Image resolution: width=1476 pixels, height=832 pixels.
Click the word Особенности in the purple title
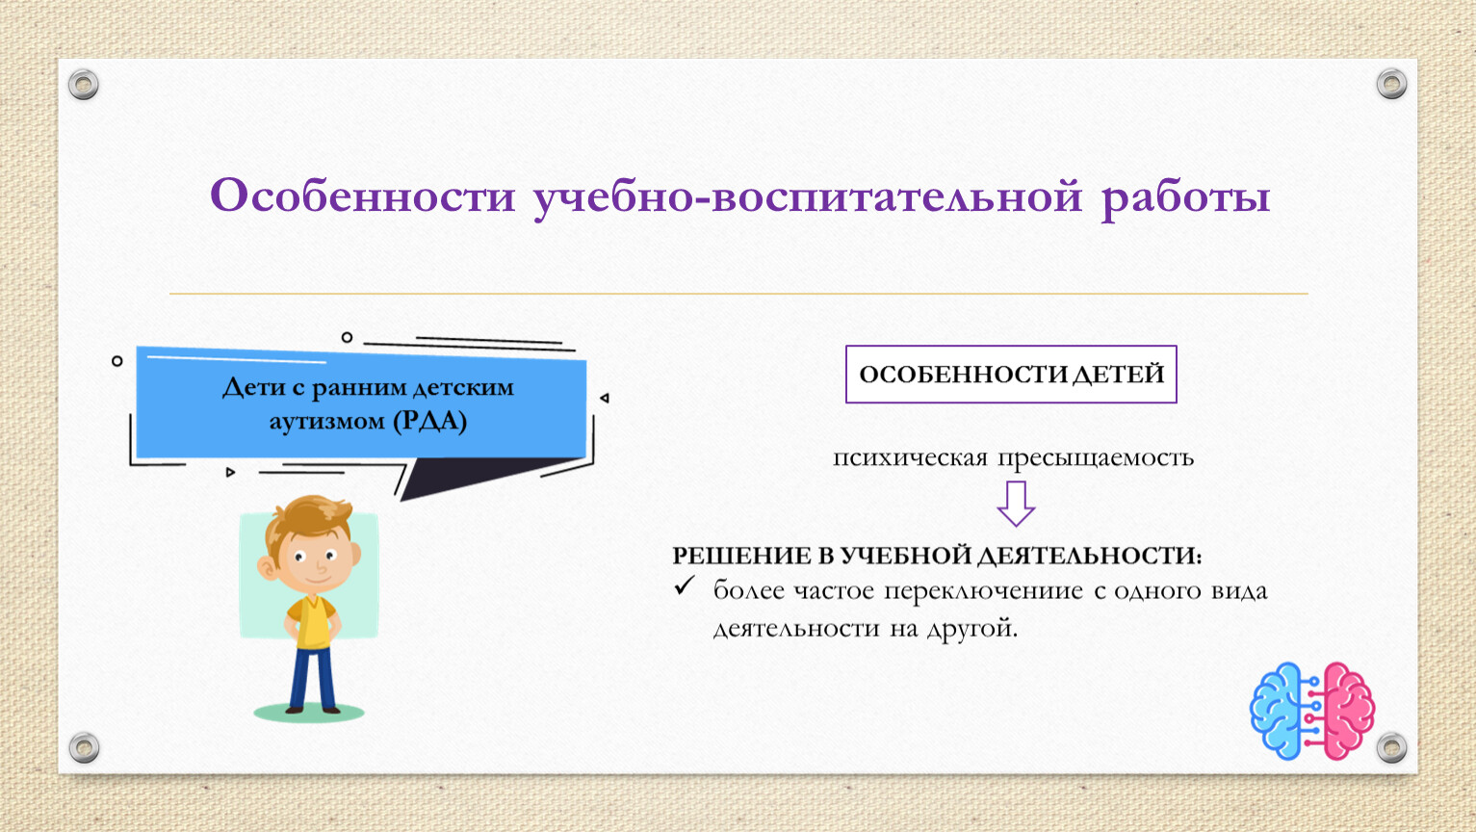[x=362, y=195]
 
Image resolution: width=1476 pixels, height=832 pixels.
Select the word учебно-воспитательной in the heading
[x=808, y=198]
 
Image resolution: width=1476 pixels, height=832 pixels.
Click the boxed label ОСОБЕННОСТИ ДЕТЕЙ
[x=1011, y=374]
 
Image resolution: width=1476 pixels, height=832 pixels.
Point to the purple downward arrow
[x=1016, y=504]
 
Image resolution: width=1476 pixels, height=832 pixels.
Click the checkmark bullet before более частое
[x=684, y=585]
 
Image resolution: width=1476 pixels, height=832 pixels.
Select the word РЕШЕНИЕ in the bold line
[x=741, y=556]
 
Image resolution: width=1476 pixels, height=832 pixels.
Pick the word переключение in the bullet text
[x=982, y=590]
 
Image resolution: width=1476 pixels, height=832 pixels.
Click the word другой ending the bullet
[x=971, y=629]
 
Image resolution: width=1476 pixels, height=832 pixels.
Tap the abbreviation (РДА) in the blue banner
[x=429, y=421]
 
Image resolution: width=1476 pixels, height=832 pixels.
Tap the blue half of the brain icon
[x=1276, y=712]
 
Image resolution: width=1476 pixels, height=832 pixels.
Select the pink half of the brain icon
[x=1348, y=712]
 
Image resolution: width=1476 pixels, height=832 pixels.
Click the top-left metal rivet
[x=84, y=85]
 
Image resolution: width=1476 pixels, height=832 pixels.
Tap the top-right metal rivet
[x=1391, y=84]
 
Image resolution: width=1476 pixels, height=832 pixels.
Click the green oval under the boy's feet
[x=308, y=713]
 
